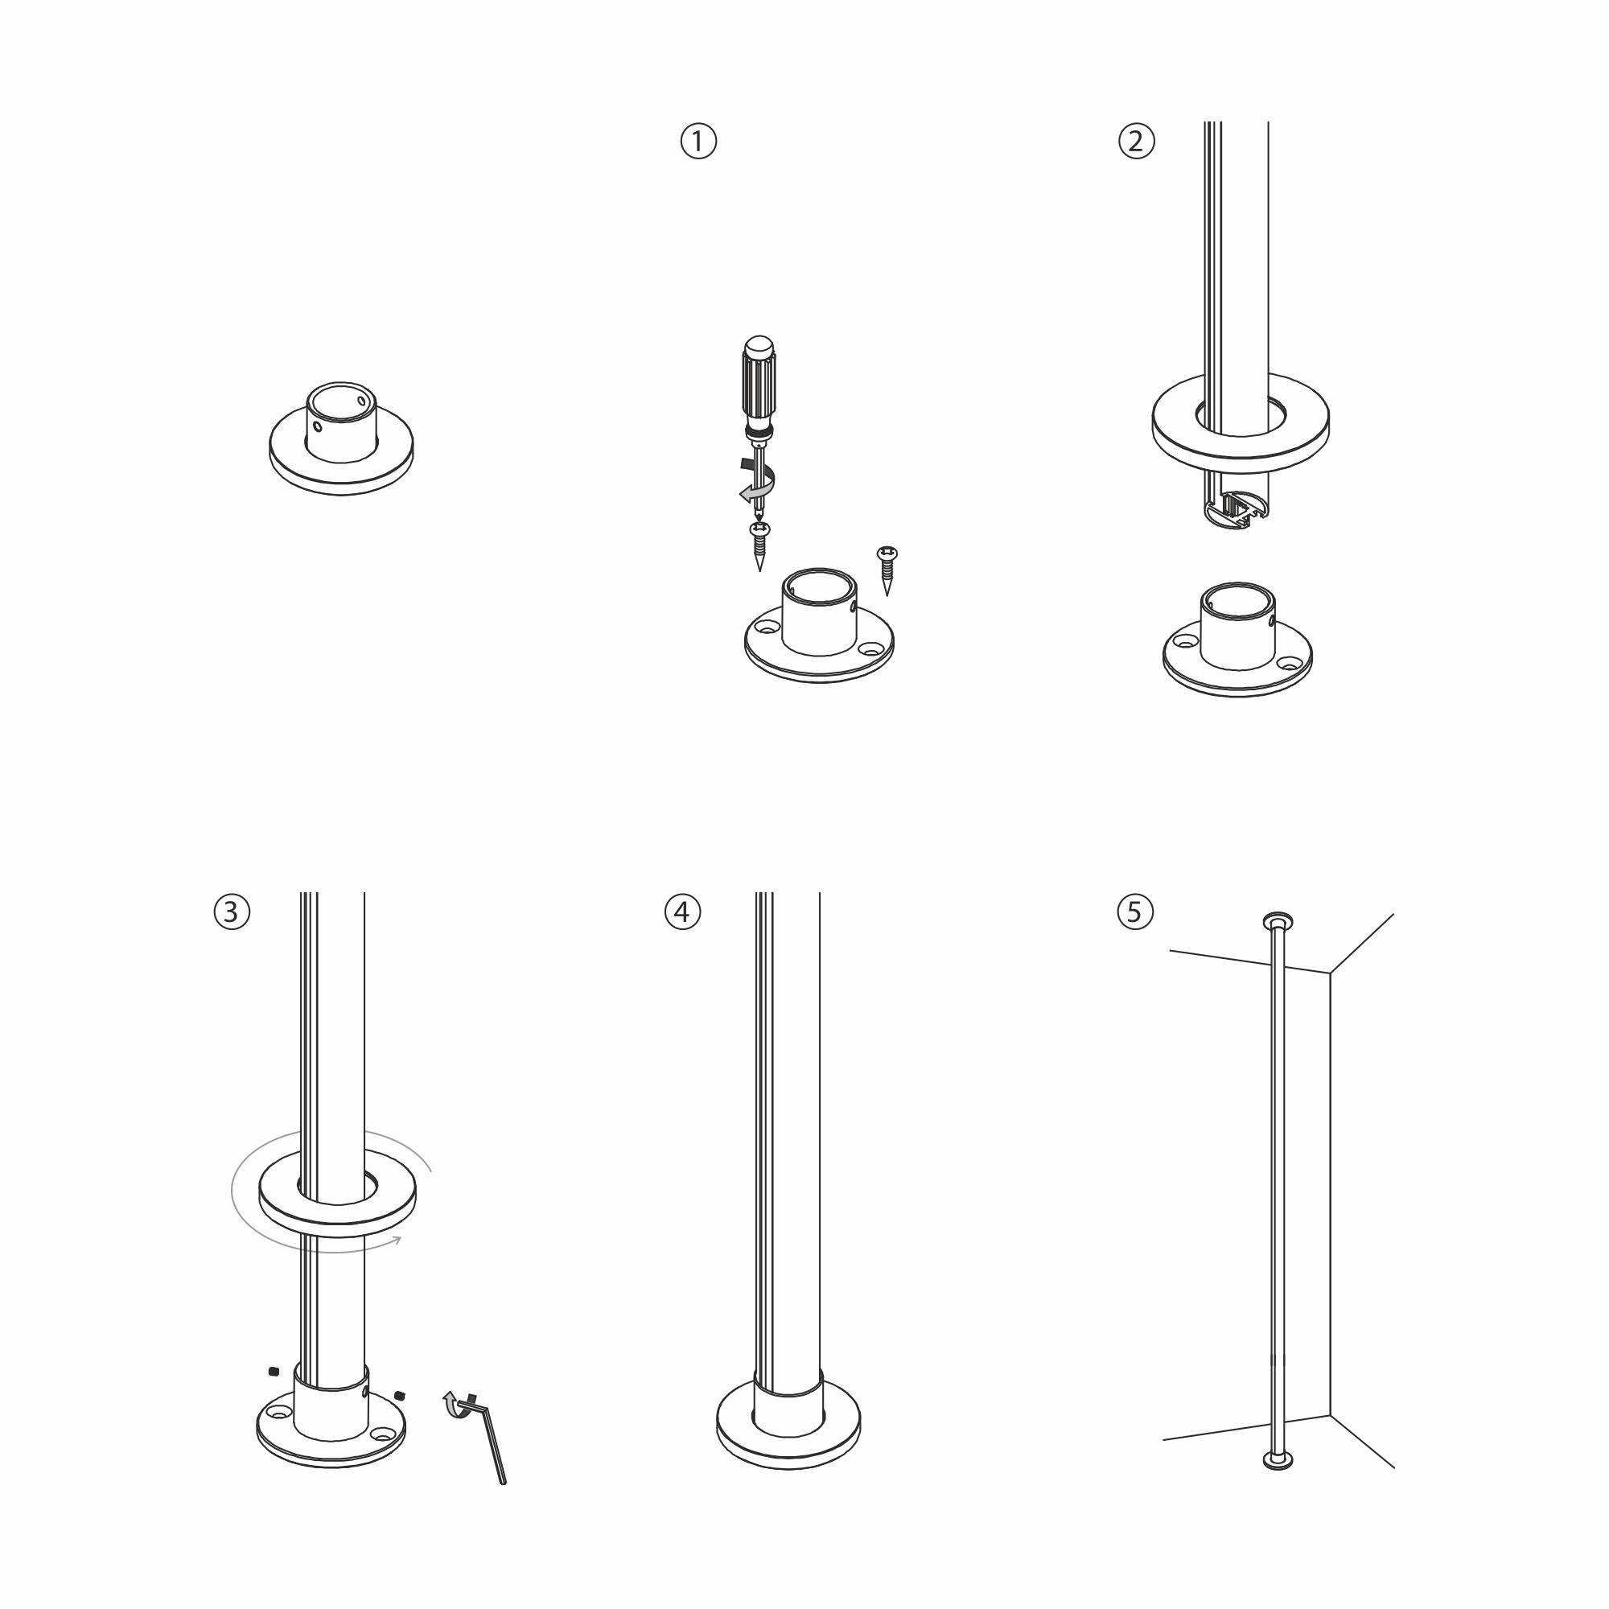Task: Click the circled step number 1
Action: point(698,141)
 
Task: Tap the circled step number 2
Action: point(1136,141)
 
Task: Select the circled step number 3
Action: point(232,912)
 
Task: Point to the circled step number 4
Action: point(682,912)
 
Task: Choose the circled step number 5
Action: point(1134,912)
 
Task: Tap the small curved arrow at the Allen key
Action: point(453,1405)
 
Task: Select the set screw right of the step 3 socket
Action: point(400,1395)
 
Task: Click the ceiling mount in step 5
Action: point(1278,920)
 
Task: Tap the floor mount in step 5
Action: point(1278,1459)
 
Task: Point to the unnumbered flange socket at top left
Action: point(341,440)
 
